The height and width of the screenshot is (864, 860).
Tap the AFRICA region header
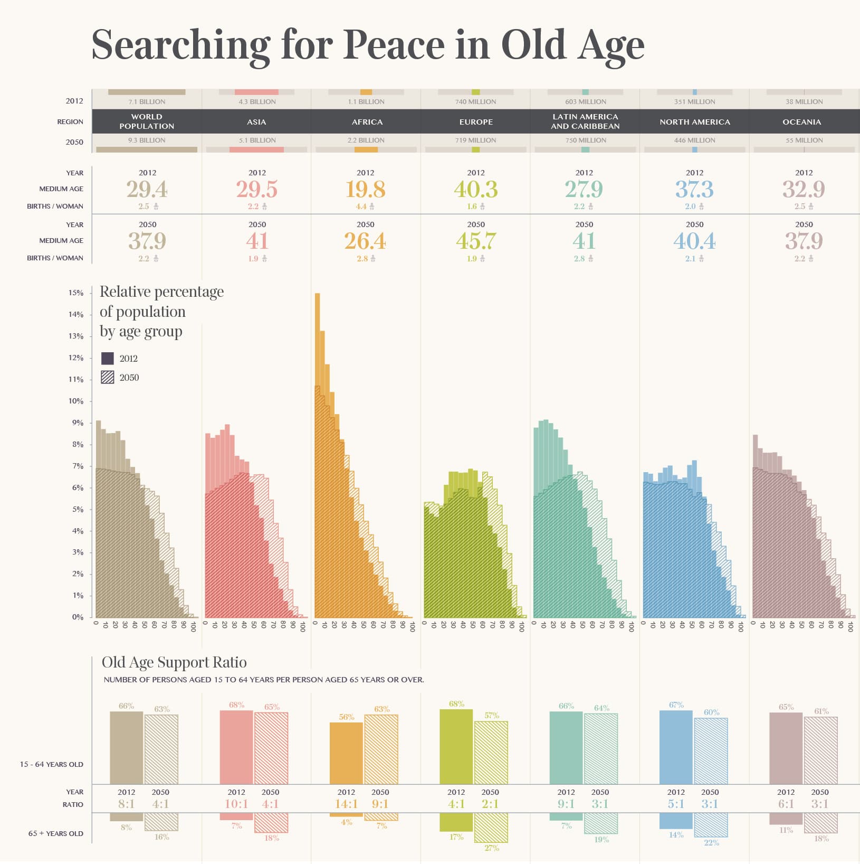[x=367, y=122]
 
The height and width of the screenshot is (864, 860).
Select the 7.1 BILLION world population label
[x=147, y=101]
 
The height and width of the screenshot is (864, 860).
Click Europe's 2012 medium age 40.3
[x=475, y=189]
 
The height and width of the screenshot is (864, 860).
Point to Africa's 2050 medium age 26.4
[x=365, y=241]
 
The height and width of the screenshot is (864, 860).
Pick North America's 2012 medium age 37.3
[x=694, y=189]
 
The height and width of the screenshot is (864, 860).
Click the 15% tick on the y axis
[x=76, y=293]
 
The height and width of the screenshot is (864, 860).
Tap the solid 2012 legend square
[x=108, y=359]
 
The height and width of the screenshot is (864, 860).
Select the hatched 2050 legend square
[x=108, y=377]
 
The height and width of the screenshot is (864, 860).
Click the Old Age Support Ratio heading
[x=174, y=662]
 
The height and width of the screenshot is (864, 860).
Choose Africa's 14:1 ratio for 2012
[x=346, y=804]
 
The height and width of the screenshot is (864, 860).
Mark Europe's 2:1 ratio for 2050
[x=490, y=804]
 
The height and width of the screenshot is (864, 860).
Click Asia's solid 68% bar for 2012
[x=236, y=747]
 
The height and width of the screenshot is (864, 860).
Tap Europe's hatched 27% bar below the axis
[x=491, y=828]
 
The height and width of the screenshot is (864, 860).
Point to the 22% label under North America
[x=711, y=843]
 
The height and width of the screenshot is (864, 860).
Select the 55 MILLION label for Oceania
[x=804, y=140]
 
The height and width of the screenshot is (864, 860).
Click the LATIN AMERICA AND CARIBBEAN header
[x=585, y=121]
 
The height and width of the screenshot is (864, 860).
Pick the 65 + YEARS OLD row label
[x=55, y=833]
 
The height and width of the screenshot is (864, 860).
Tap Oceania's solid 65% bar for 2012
[x=786, y=748]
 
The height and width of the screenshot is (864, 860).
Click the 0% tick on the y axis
[x=78, y=617]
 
